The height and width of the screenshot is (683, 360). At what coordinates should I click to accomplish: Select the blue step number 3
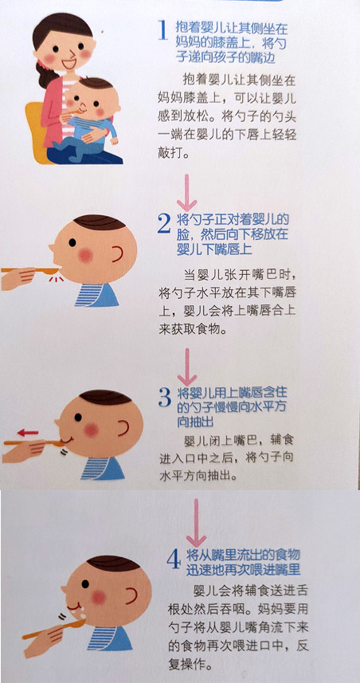165,396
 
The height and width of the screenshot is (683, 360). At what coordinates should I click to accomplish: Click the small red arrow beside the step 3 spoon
28,432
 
